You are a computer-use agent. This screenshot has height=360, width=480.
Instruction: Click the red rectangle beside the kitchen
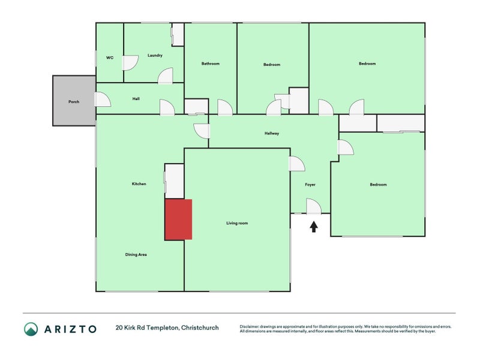coord(179,220)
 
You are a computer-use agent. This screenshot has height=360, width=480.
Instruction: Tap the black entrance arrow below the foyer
coord(313,226)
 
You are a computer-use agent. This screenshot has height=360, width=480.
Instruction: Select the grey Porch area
coord(74,101)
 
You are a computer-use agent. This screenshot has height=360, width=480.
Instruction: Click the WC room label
coord(110,58)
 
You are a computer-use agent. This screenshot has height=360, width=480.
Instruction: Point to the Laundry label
coord(155,55)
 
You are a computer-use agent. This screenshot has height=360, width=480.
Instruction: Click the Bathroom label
coord(210,64)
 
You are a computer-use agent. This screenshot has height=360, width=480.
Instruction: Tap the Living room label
coord(237,223)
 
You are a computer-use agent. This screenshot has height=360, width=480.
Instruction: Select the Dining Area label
coord(136,254)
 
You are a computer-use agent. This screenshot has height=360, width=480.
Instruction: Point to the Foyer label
coord(310,184)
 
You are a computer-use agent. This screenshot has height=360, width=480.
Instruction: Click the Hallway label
coord(272,133)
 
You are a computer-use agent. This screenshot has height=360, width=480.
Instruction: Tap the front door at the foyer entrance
coord(314,208)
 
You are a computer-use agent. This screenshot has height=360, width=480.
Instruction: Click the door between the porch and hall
coord(102,100)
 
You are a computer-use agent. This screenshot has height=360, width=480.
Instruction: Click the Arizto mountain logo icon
coord(31,328)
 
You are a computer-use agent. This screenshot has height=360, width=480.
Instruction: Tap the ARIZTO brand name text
coord(70,328)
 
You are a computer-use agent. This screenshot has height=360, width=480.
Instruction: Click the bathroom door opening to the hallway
coord(224,108)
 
